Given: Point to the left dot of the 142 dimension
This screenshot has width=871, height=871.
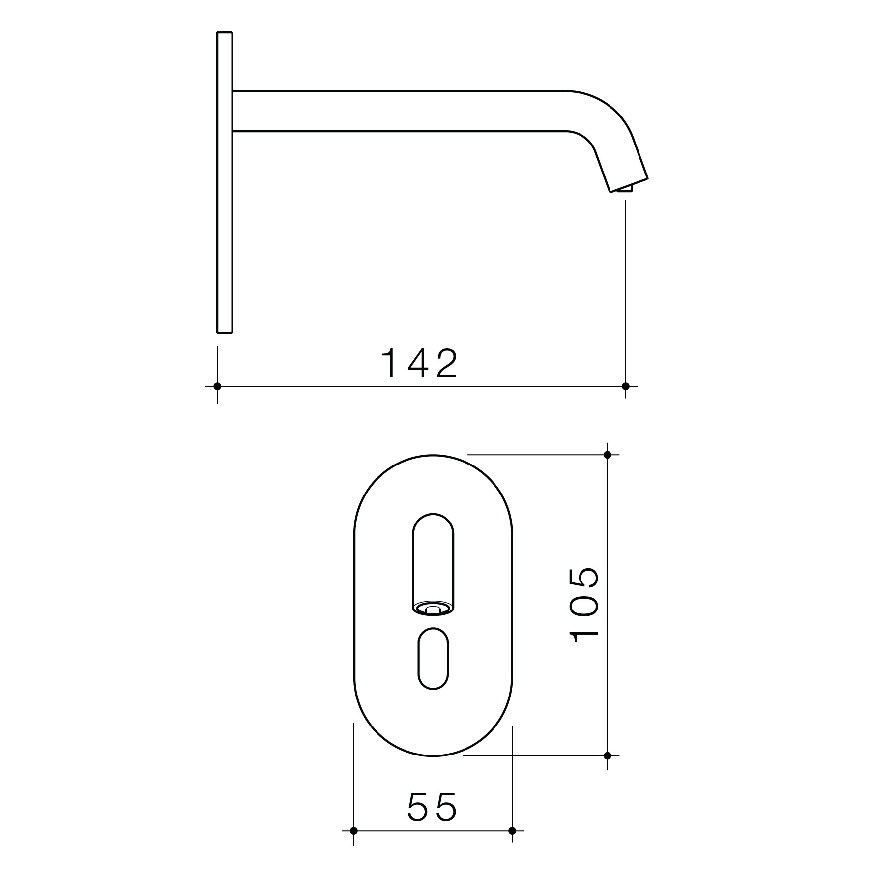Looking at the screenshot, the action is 217,386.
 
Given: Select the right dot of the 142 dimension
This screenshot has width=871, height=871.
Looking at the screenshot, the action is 626,386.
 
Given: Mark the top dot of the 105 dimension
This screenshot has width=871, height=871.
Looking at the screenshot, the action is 608,455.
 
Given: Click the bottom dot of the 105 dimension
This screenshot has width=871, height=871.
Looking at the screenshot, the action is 608,755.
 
